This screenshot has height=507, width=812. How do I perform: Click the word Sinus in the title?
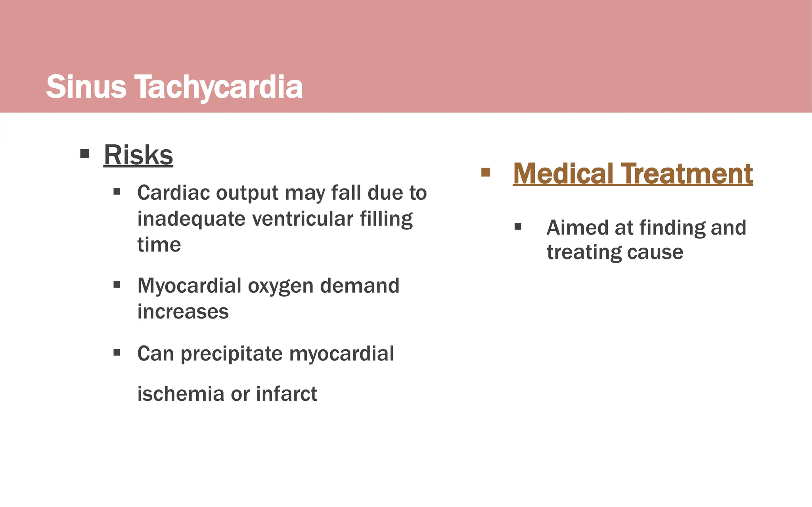[86, 87]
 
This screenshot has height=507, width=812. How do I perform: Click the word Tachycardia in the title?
[219, 87]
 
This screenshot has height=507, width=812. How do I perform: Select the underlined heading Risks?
[138, 155]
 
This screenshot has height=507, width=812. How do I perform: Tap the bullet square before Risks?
[85, 153]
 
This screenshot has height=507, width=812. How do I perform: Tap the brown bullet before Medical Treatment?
[486, 172]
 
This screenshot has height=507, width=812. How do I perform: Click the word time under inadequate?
[159, 245]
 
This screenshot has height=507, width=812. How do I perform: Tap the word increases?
[183, 312]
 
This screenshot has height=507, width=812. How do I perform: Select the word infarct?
[286, 394]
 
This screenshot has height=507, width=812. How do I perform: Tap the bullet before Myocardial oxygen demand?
[117, 284]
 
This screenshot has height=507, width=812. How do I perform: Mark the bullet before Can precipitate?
[117, 352]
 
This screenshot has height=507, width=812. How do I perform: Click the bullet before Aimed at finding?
[518, 227]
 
